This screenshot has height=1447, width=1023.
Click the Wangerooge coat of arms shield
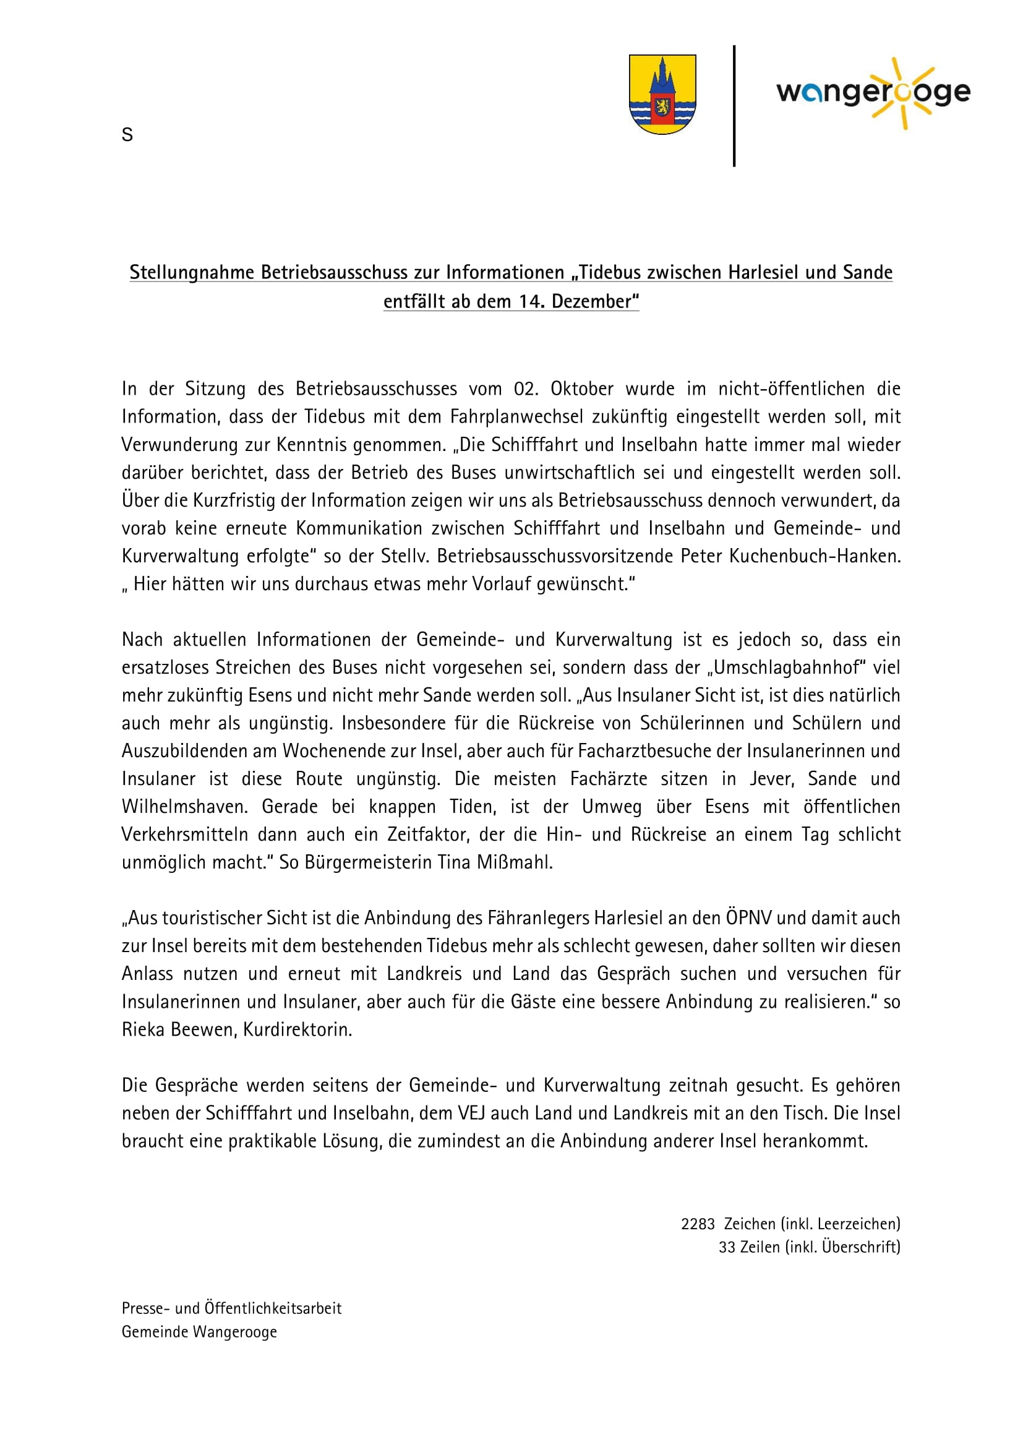(x=662, y=94)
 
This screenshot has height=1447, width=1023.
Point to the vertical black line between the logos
(x=734, y=106)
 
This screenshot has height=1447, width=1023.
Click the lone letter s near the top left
(x=127, y=135)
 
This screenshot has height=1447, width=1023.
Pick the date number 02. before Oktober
(x=526, y=389)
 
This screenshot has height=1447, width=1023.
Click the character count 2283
(x=698, y=1224)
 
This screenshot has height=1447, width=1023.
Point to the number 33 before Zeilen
(x=727, y=1247)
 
